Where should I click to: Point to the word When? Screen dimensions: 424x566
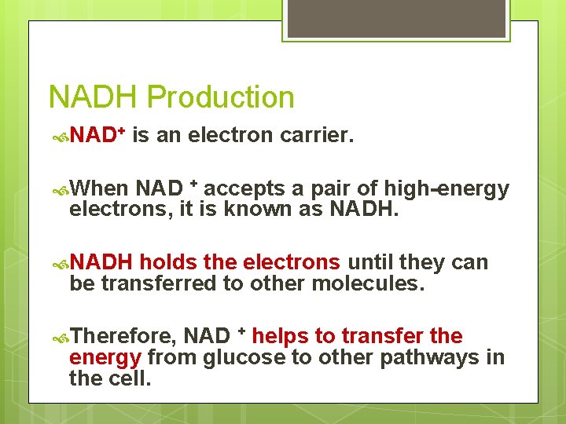99,189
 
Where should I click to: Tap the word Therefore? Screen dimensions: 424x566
123,337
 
